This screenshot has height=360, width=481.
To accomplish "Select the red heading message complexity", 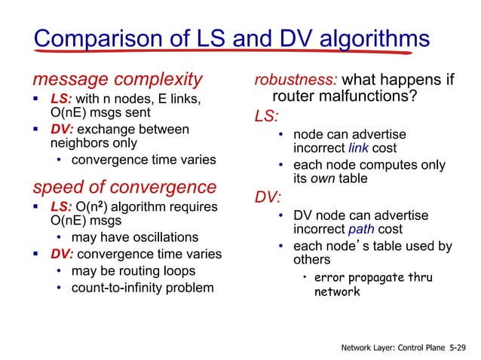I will click(x=116, y=78).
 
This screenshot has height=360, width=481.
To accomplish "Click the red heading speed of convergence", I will click(x=124, y=187).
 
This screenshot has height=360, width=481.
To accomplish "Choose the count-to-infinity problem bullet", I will click(x=142, y=287).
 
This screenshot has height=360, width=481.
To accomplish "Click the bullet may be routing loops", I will click(x=133, y=270).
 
